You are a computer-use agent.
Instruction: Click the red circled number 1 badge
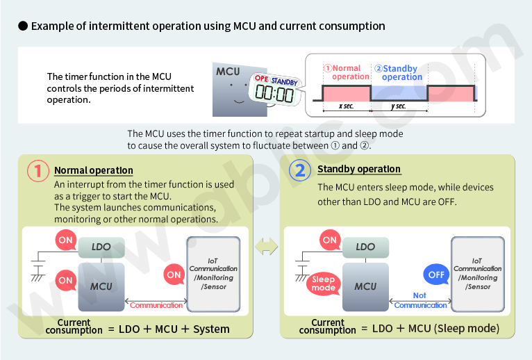(39, 171)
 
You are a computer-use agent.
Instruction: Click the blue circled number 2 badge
(299, 171)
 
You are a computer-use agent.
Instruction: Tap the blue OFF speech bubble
(436, 275)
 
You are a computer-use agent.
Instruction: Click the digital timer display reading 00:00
(274, 94)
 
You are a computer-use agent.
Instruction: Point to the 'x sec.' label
(345, 106)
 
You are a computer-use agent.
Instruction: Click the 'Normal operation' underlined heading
(94, 170)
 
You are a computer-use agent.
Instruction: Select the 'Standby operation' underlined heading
(358, 169)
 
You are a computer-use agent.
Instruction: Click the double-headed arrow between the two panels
(267, 247)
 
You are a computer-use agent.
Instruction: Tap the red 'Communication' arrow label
(156, 305)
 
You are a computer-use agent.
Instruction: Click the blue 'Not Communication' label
(420, 300)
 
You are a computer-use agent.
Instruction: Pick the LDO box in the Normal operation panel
(101, 247)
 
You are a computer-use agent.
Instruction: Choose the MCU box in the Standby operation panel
(365, 286)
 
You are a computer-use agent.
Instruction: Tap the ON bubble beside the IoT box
(174, 275)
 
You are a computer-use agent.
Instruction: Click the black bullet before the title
(22, 26)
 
